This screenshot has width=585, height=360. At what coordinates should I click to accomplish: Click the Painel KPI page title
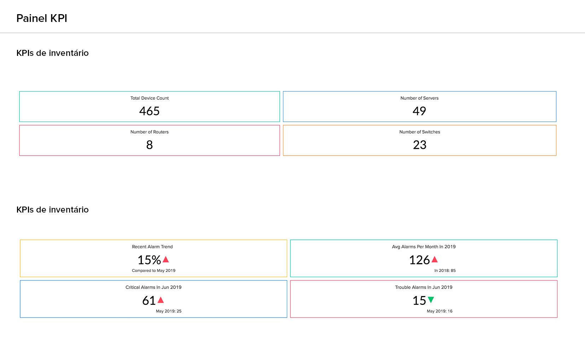[42, 18]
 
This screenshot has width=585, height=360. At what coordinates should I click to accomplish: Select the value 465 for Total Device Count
[149, 111]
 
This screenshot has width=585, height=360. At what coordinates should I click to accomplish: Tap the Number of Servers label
[419, 98]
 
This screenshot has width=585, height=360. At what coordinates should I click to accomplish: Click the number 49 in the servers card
[419, 111]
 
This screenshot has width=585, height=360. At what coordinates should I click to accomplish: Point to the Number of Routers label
[149, 132]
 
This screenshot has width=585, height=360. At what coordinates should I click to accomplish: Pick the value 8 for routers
[149, 145]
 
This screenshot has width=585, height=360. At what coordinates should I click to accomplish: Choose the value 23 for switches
[419, 145]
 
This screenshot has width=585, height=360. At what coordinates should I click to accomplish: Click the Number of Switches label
[419, 132]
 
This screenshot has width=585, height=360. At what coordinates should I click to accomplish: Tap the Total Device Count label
[149, 98]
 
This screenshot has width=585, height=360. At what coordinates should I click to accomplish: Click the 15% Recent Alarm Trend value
[149, 260]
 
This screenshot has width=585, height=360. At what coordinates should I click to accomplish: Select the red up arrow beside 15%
[166, 260]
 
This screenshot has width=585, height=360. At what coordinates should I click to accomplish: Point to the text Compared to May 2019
[154, 271]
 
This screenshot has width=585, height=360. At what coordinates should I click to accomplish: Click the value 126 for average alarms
[419, 260]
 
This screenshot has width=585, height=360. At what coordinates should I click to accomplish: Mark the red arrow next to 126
[435, 260]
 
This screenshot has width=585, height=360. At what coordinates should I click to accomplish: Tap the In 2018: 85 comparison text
[445, 271]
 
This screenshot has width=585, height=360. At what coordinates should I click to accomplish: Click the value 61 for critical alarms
[149, 301]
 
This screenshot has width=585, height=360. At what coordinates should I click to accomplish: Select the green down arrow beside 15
[431, 300]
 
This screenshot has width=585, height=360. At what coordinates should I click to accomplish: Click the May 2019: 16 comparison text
[439, 311]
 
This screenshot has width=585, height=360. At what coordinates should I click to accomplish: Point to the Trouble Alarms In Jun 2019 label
[423, 287]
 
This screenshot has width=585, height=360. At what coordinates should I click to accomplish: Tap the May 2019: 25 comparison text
[168, 311]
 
